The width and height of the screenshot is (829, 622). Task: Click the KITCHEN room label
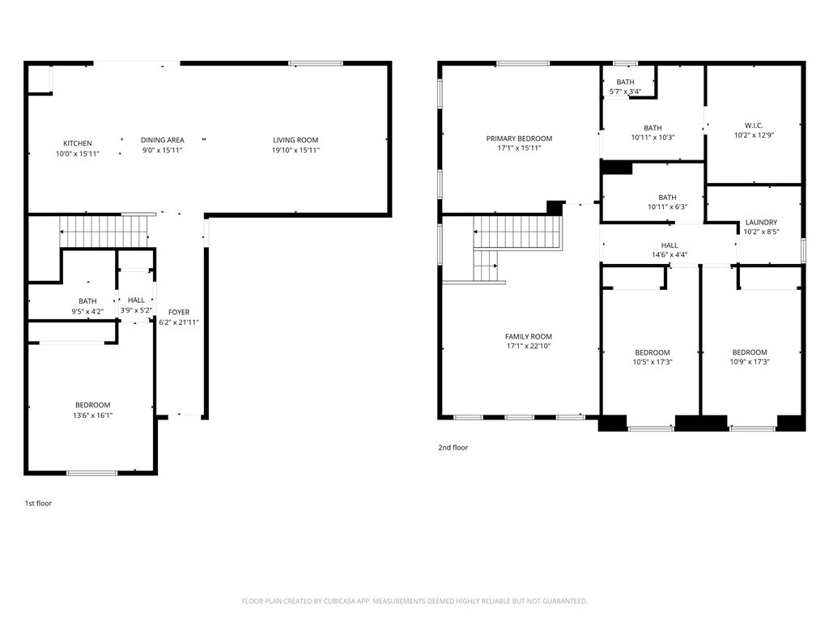(78, 143)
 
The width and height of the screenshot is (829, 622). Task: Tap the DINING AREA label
(162, 140)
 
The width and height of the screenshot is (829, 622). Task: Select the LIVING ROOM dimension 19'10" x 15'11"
(295, 150)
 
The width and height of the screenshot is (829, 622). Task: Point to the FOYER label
(179, 312)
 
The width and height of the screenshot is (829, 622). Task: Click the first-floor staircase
(104, 232)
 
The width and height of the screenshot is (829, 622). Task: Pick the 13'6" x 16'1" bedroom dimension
(92, 415)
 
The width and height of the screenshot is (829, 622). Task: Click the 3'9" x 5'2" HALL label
(136, 305)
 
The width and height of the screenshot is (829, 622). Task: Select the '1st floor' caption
(38, 503)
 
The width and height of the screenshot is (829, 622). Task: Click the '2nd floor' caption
(453, 447)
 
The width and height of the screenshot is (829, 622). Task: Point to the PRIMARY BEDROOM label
(519, 138)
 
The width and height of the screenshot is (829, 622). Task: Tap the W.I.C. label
(754, 126)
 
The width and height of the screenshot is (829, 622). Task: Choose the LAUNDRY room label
(761, 222)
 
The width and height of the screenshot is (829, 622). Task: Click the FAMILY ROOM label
(528, 336)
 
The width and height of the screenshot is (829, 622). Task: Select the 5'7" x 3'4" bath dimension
(626, 92)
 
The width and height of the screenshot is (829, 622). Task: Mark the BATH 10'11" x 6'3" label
(667, 202)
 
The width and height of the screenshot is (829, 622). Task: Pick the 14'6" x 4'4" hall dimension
(670, 255)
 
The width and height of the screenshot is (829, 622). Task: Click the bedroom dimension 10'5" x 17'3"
(653, 362)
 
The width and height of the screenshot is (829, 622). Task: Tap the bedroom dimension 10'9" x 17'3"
(750, 362)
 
